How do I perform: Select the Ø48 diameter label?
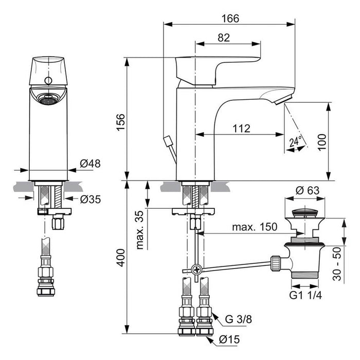click(x=91, y=164)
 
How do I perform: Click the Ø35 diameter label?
click(x=91, y=199)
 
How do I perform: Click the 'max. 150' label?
click(x=255, y=227)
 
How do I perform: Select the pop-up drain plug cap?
click(x=307, y=212)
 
